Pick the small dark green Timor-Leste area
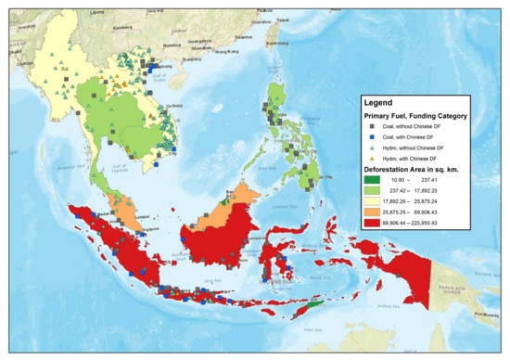(x=316, y=303)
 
